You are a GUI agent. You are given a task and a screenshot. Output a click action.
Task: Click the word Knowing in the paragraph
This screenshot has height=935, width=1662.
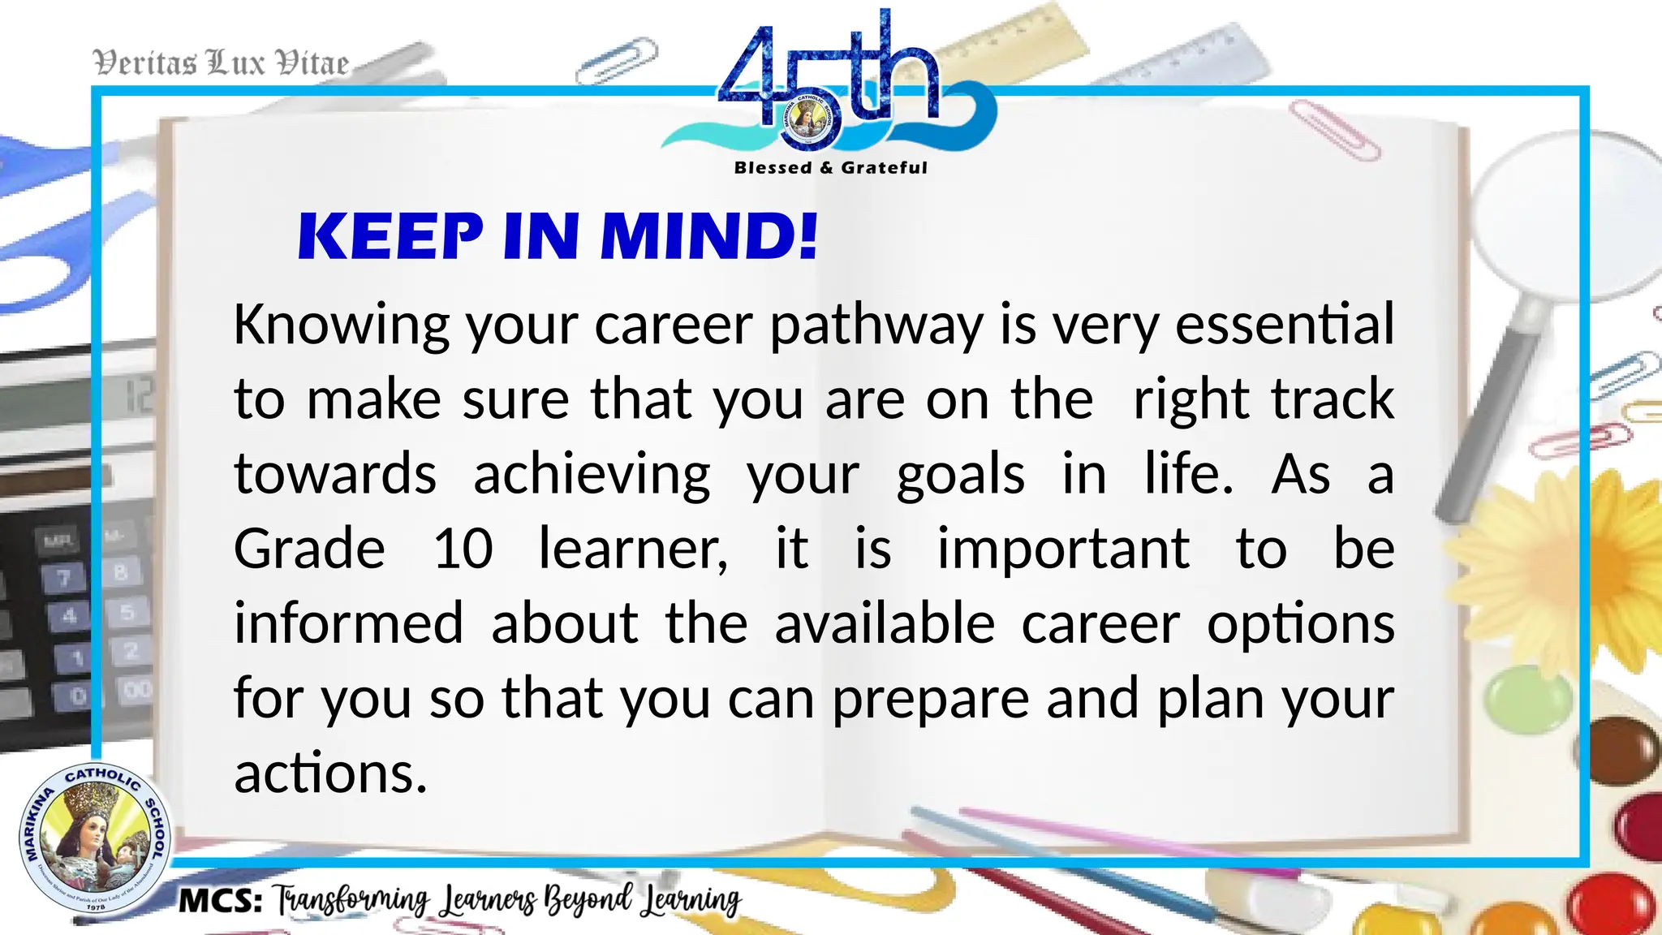coord(341,325)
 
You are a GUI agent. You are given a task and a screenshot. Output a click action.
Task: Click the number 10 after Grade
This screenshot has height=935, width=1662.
coord(463,549)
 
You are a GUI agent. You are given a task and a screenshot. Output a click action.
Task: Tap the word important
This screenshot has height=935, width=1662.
coord(1063,549)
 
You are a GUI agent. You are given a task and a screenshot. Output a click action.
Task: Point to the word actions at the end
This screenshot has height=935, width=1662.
coord(329,773)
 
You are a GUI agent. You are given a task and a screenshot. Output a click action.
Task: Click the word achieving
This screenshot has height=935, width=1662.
coord(592,475)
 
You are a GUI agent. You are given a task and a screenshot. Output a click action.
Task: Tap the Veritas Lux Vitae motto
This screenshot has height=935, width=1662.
coord(221,63)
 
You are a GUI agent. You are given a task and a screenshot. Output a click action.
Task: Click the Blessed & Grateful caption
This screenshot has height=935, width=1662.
coord(830,168)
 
